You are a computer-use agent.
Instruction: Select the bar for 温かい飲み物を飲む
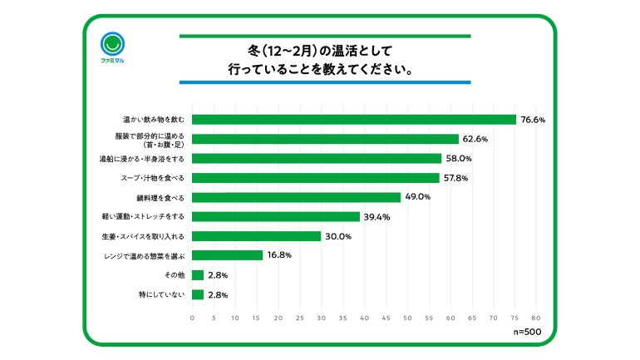354,119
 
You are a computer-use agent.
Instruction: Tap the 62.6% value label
475,139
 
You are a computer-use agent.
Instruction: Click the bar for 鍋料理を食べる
296,197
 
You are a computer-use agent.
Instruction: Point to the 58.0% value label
458,158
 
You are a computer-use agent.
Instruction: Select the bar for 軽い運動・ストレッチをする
275,216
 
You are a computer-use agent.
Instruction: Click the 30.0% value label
338,236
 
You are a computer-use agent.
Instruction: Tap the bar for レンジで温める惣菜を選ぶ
227,255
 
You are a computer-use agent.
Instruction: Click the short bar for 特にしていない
198,294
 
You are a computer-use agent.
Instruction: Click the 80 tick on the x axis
536,318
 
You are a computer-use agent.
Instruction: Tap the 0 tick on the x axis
193,318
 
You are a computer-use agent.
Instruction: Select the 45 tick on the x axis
386,318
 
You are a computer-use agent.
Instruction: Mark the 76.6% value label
533,120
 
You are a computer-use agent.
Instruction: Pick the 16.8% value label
279,255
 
